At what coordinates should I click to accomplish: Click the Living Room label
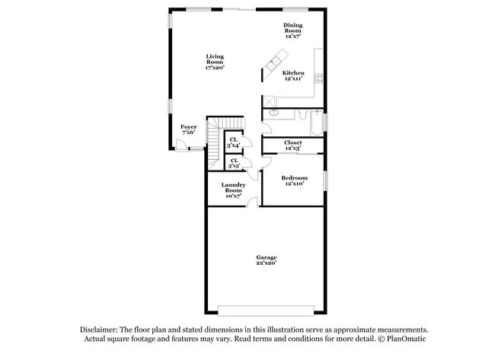[214, 62]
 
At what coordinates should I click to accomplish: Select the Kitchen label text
[293, 75]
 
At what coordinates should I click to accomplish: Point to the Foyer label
[188, 129]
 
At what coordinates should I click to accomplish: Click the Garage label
[266, 260]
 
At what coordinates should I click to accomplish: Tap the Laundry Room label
[232, 190]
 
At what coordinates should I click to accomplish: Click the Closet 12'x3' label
[292, 145]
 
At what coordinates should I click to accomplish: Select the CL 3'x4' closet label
[234, 142]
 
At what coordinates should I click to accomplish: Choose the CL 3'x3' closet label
[234, 163]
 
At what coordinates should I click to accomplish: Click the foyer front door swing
[181, 145]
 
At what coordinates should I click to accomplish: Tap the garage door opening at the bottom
[265, 309]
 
